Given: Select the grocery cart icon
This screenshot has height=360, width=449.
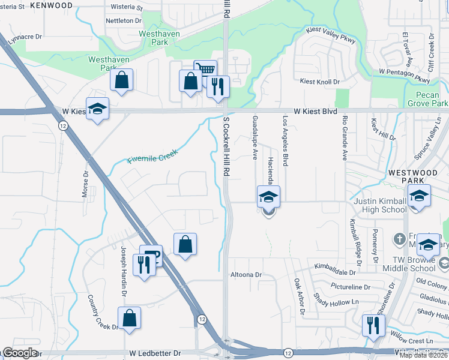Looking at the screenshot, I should tap(205, 70).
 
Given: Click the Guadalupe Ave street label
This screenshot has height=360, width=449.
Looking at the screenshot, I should tap(255, 137).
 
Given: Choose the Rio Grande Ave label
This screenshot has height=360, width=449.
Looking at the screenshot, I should tap(345, 139).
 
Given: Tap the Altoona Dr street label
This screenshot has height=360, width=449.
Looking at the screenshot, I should tap(247, 275).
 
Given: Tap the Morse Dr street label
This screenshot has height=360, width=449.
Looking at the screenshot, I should tap(85, 185).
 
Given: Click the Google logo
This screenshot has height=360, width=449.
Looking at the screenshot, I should tap(20, 353).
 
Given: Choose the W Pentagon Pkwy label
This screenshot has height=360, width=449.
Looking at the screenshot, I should tap(405, 76).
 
